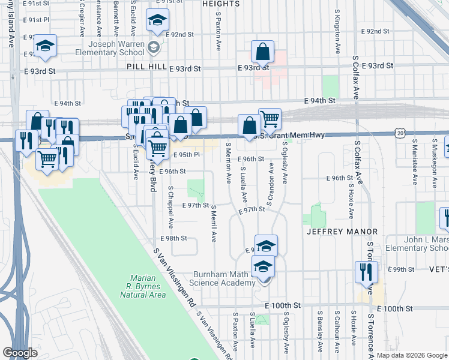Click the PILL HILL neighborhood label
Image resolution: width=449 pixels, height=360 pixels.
pyautogui.click(x=145, y=70)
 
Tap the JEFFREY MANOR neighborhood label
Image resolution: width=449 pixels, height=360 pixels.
pyautogui.click(x=342, y=231)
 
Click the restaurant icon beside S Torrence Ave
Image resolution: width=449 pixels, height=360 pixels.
pyautogui.click(x=366, y=271)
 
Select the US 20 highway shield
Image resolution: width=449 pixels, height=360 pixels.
pyautogui.click(x=400, y=132)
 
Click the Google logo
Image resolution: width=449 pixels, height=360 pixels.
pyautogui.click(x=20, y=353)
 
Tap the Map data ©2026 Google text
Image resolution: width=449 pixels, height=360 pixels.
pyautogui.click(x=411, y=356)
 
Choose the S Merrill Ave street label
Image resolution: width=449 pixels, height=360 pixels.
pyautogui.click(x=214, y=223)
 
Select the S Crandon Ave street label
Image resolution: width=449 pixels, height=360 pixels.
pyautogui.click(x=271, y=188)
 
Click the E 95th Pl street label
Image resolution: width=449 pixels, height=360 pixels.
pyautogui.click(x=185, y=154)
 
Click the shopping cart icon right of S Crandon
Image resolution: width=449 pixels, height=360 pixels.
pyautogui.click(x=270, y=118)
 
